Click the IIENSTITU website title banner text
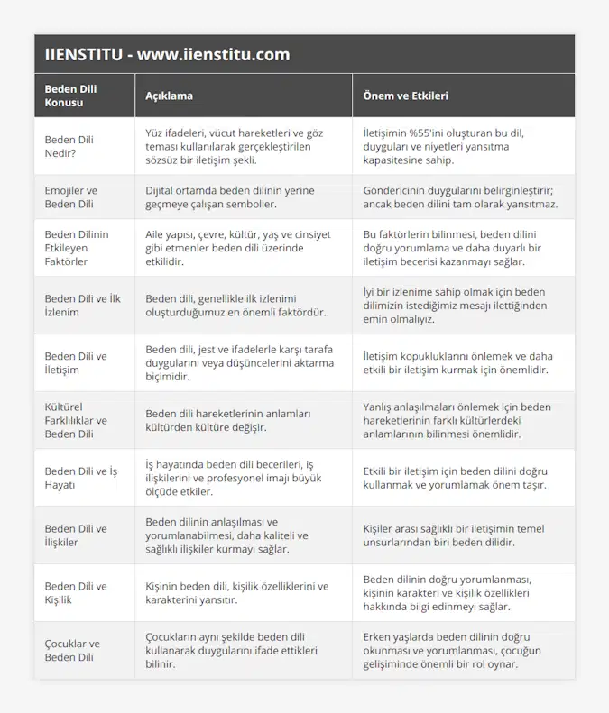point(167,54)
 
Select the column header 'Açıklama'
point(169,96)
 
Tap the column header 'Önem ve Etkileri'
point(405,96)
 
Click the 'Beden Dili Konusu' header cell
point(71,96)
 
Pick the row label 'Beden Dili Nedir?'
point(69,146)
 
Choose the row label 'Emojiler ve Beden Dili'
point(71,197)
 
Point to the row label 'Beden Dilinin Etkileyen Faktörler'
point(77,248)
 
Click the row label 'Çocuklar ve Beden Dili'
point(72,650)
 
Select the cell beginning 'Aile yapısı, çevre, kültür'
point(237,248)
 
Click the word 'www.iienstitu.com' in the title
point(214,54)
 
